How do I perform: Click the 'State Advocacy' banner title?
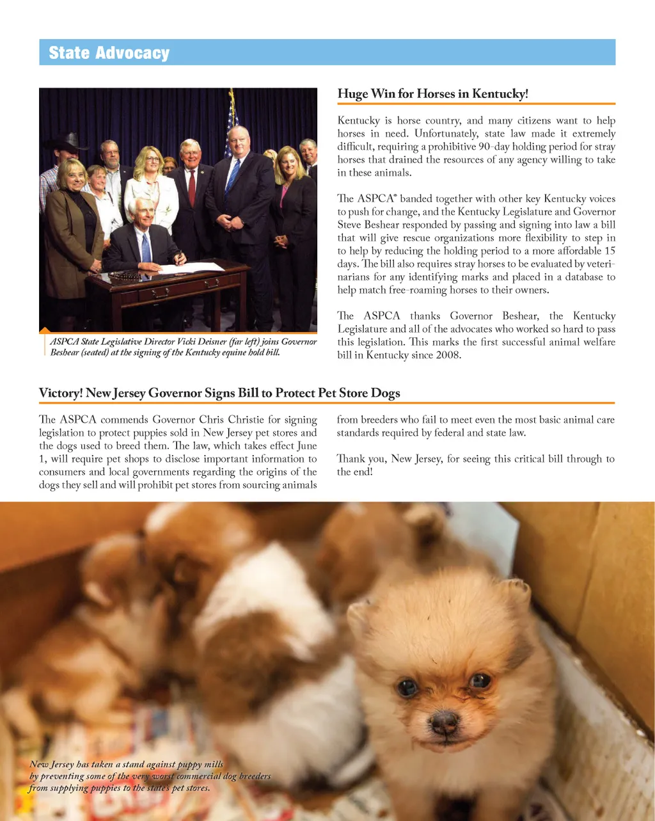109,52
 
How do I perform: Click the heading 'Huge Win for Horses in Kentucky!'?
432,94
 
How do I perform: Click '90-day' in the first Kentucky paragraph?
493,147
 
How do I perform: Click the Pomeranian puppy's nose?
443,723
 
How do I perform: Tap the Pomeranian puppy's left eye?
406,688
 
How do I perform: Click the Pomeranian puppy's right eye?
479,680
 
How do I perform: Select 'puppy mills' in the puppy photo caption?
198,764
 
